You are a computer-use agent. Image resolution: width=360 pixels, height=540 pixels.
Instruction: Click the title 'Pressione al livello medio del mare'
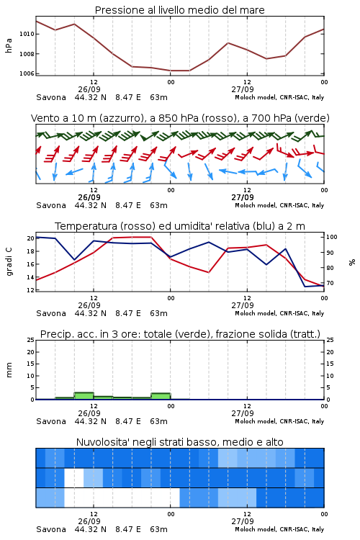179,10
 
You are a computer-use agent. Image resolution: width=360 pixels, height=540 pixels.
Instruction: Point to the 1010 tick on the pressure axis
27,34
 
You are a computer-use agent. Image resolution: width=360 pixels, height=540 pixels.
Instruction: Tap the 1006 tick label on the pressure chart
27,73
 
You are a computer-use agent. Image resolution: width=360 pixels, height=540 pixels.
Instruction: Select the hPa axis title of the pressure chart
9,45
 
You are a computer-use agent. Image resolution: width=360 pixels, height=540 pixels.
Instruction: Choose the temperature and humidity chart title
179,226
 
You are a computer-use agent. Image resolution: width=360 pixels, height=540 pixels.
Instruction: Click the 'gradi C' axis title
9,261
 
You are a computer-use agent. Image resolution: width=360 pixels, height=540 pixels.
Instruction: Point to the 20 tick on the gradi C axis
30,238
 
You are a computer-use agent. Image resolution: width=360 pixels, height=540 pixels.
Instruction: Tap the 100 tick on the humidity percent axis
332,237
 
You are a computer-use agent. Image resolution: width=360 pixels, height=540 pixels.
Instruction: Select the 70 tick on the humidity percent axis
330,283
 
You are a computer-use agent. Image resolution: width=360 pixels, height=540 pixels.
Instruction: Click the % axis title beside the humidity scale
352,262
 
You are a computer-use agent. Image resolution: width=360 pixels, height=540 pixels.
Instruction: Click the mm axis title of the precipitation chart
9,370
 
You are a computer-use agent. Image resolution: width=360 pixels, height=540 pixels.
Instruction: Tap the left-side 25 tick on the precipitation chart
30,340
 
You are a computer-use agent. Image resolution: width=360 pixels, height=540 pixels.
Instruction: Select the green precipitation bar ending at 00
161,396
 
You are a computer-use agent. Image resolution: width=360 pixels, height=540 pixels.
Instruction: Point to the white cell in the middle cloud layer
73,477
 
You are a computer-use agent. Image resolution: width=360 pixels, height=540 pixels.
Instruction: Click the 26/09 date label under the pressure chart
89,89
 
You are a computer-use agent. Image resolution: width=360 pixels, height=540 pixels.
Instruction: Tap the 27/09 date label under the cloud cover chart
243,521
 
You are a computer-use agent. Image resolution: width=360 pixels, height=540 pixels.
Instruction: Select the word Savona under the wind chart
51,206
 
